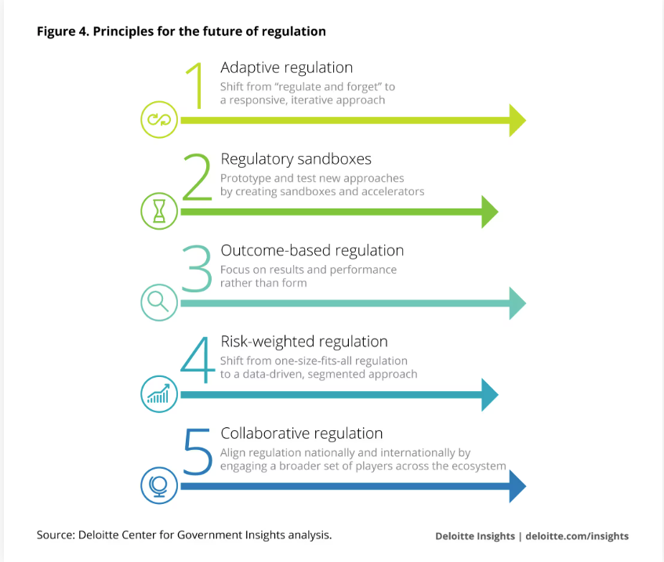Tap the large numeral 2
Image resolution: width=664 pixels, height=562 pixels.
click(x=197, y=178)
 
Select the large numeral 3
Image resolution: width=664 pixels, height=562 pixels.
click(x=197, y=269)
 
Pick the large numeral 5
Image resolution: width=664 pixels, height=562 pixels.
click(x=197, y=451)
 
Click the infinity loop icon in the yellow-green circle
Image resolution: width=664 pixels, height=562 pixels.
click(x=159, y=121)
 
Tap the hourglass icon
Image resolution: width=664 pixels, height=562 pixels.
click(x=159, y=211)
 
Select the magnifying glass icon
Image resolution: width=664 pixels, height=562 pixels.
click(x=159, y=302)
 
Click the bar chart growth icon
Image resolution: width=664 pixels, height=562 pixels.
click(x=159, y=394)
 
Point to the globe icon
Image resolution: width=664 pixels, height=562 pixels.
click(x=159, y=485)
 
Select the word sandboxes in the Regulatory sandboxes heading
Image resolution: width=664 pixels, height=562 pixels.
click(x=332, y=159)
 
